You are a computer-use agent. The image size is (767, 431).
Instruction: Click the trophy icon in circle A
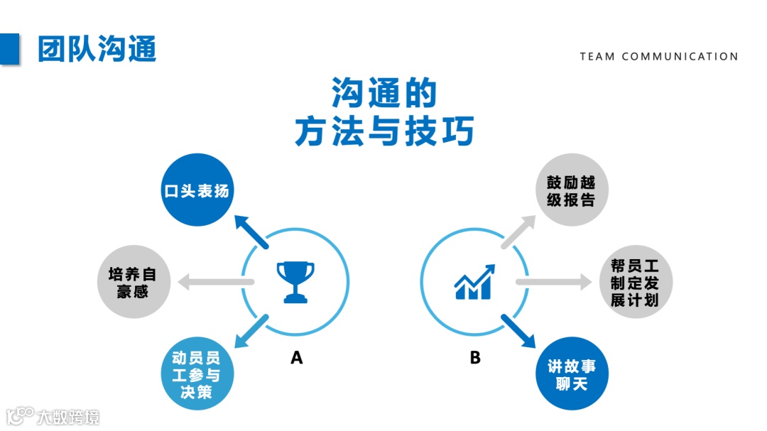click(x=295, y=282)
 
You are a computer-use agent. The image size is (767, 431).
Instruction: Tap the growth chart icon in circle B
click(x=474, y=282)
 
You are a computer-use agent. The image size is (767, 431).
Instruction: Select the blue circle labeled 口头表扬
click(x=197, y=190)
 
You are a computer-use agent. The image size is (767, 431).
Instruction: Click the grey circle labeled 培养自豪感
click(x=132, y=282)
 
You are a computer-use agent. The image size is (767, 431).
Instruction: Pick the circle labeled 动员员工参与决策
click(x=196, y=373)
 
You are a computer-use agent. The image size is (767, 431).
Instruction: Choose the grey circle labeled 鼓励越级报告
click(x=572, y=190)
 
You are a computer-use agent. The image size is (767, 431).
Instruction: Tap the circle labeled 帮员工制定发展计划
click(x=635, y=282)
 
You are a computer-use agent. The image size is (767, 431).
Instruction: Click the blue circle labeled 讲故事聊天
click(x=572, y=373)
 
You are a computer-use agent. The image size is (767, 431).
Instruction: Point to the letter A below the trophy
click(x=297, y=358)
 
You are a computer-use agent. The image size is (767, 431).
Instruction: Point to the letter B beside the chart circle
click(x=475, y=358)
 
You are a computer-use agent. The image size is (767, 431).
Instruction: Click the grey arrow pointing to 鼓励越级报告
click(x=518, y=231)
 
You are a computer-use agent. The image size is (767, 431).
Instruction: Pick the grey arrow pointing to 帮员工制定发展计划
click(x=553, y=282)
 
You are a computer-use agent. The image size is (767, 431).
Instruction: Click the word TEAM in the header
click(x=597, y=56)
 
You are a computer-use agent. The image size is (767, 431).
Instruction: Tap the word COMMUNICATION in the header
click(x=680, y=56)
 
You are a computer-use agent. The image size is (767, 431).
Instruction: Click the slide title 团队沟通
click(x=97, y=48)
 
